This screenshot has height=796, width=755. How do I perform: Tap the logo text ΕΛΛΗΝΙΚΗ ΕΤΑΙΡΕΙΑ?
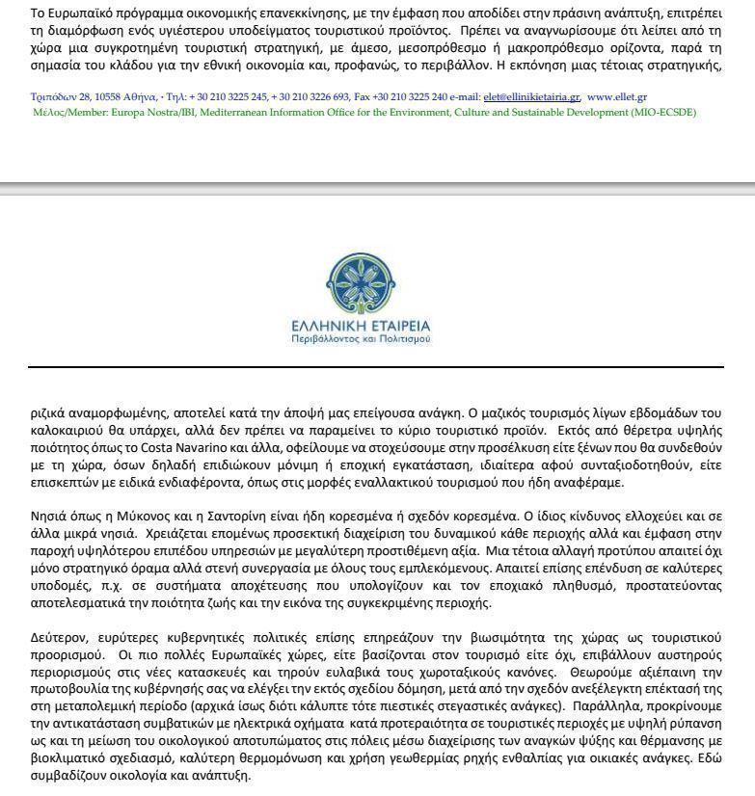[362, 325]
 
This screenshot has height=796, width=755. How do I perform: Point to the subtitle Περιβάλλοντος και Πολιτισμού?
[362, 339]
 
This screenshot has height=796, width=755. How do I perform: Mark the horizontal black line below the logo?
[376, 367]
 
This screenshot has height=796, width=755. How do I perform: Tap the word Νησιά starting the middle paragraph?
[48, 516]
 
